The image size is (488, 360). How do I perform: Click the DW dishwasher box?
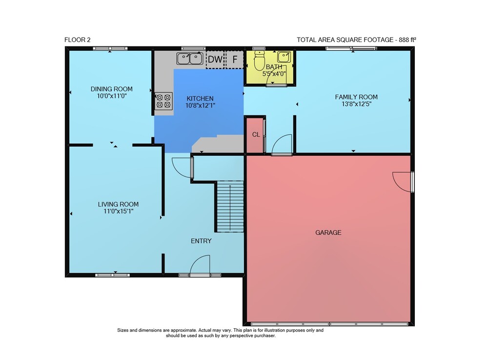[x=215, y=59]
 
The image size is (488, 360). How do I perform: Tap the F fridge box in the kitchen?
[x=234, y=59]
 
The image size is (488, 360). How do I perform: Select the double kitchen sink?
[x=190, y=58]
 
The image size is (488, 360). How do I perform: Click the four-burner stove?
[x=163, y=101]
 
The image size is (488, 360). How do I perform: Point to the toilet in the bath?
[x=259, y=61]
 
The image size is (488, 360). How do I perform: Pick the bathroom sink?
[x=284, y=57]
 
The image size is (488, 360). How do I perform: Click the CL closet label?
[x=256, y=134]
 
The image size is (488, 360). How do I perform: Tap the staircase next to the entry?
[x=230, y=206]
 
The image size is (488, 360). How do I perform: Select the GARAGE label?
[x=328, y=233]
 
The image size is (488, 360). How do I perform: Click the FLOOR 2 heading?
[x=77, y=40]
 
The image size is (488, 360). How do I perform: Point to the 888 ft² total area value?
[x=407, y=40]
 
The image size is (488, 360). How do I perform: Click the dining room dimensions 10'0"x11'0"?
[x=112, y=96]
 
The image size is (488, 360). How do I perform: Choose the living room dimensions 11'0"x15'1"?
[x=118, y=211]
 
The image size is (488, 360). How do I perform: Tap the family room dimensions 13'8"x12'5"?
[x=356, y=104]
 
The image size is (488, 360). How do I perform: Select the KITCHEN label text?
[x=200, y=98]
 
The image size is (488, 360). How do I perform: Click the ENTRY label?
[x=201, y=241]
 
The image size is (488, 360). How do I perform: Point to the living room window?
[x=112, y=275]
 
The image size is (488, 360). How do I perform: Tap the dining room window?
[x=110, y=48]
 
